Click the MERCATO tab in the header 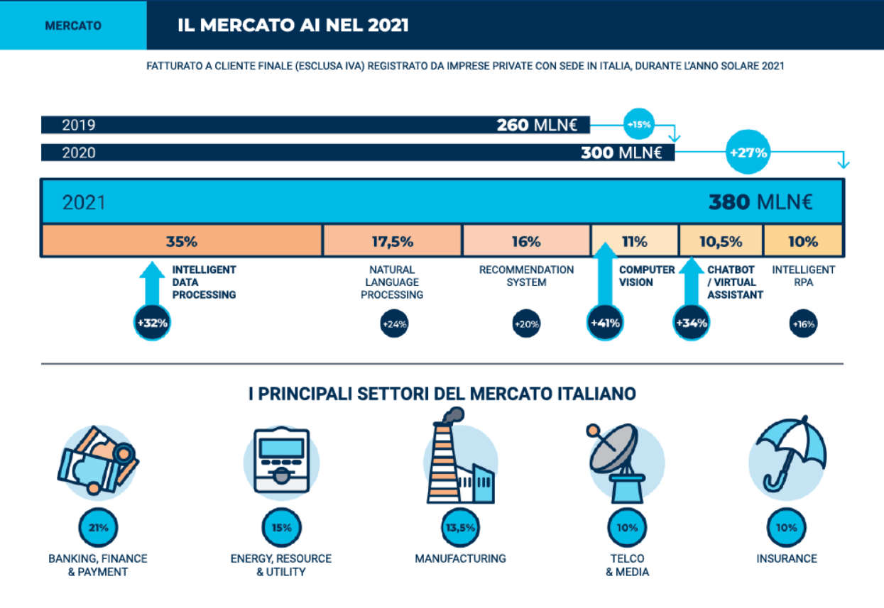click(73, 26)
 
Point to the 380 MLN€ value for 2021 click(760, 202)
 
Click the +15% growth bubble click(638, 125)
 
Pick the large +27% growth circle click(748, 152)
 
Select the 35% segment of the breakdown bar click(182, 241)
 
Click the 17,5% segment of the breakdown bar click(392, 241)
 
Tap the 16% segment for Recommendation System click(526, 241)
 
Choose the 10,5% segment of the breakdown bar click(721, 241)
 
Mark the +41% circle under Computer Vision click(605, 324)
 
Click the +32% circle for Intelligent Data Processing click(153, 324)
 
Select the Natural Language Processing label click(392, 282)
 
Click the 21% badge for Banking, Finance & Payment click(98, 528)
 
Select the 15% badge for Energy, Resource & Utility click(281, 528)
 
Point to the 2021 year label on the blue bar click(84, 203)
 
